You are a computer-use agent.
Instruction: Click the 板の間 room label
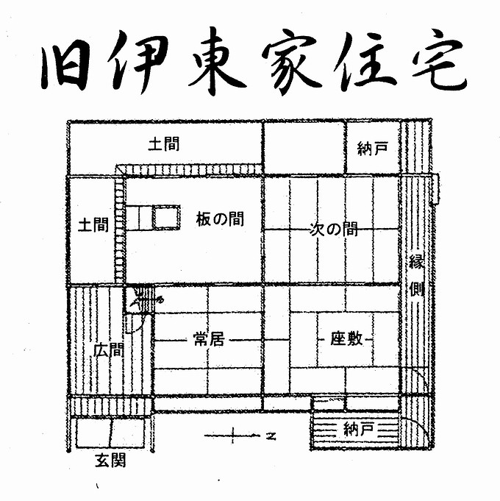point(220,219)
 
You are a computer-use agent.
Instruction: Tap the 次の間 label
point(333,230)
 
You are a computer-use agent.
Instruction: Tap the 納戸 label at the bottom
point(359,429)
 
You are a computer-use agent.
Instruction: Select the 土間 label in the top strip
point(163,144)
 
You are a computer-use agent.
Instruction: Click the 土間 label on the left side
point(93,224)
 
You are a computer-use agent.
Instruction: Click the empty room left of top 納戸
point(304,148)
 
